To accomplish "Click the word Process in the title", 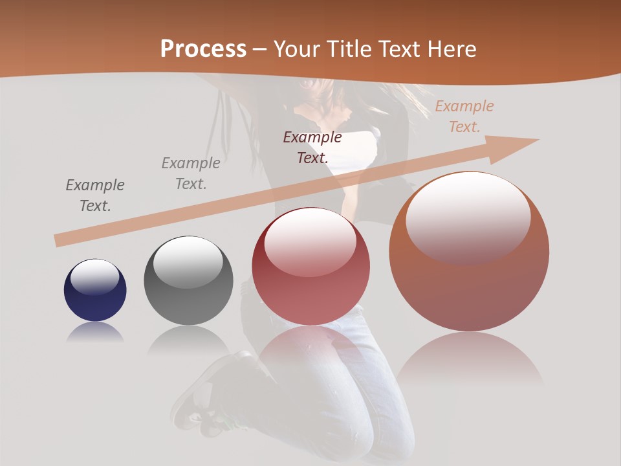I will point(203,49).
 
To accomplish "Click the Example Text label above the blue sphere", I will point(95,195).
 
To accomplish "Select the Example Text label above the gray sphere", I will point(191,173).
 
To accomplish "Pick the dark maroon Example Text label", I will point(312,147).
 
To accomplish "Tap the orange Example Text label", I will point(464,116).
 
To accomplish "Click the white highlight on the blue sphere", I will point(94,277).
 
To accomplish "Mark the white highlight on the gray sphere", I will point(188,261).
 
